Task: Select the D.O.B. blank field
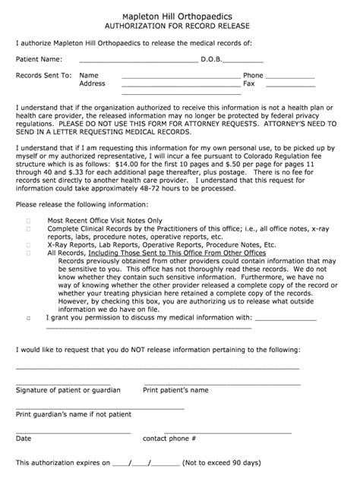click(244, 60)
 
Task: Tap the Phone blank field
click(289, 77)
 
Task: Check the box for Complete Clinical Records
click(29, 228)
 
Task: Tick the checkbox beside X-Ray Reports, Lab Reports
click(29, 245)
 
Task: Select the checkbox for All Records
click(29, 253)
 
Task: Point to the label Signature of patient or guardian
click(68, 390)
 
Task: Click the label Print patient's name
click(175, 390)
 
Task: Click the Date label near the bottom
click(24, 438)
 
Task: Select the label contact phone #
click(169, 438)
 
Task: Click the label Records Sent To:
click(43, 76)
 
